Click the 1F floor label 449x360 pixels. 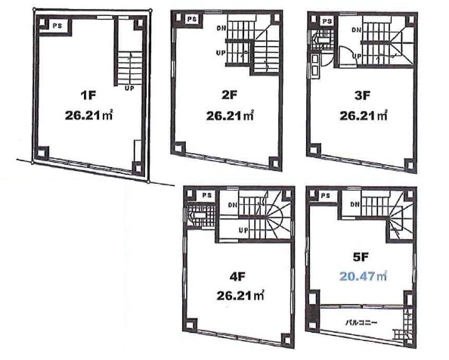click(x=88, y=95)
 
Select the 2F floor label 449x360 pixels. click(x=229, y=95)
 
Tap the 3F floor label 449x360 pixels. click(x=362, y=95)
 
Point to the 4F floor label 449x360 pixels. click(x=237, y=277)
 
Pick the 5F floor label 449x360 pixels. click(x=361, y=257)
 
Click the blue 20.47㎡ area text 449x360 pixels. click(x=364, y=276)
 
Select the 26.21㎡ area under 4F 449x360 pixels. click(x=240, y=296)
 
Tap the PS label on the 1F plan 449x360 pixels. click(x=57, y=26)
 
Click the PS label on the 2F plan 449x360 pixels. click(x=192, y=19)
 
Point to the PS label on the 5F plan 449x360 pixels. click(x=326, y=196)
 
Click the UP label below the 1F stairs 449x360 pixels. click(x=129, y=88)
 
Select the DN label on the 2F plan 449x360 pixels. click(x=221, y=28)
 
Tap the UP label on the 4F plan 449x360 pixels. click(x=243, y=230)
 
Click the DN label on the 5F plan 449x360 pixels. click(x=355, y=204)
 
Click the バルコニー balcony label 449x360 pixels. click(x=361, y=323)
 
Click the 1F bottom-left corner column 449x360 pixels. click(x=42, y=152)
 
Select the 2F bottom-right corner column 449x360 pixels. click(x=275, y=163)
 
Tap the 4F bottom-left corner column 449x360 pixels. click(x=190, y=324)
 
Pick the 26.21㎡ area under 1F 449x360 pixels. click(x=88, y=116)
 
